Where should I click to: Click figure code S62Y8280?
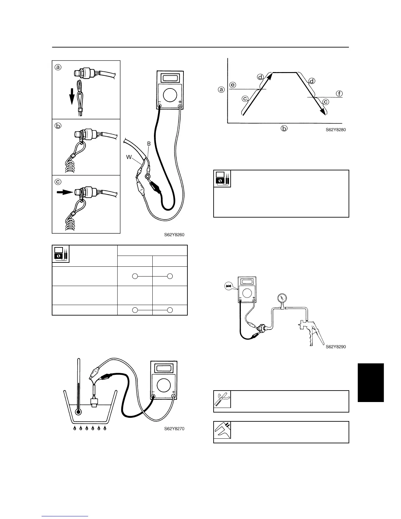[x=335, y=129]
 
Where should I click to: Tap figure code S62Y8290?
[x=336, y=347]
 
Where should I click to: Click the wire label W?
[x=129, y=158]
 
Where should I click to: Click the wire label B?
[x=149, y=144]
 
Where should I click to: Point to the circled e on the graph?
[x=233, y=85]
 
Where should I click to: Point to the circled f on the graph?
[x=339, y=94]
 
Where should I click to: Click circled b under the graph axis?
[x=284, y=128]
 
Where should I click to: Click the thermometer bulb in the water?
[x=78, y=412]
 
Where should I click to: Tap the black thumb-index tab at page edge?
[x=371, y=382]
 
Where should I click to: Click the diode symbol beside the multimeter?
[x=228, y=286]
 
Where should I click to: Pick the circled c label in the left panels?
[x=58, y=181]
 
